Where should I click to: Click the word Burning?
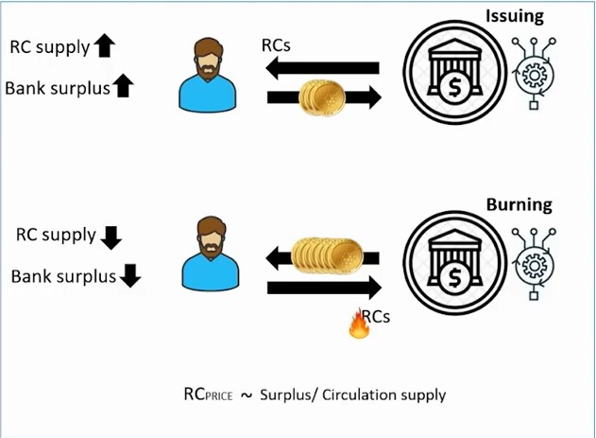(519, 204)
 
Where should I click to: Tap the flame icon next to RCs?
(358, 326)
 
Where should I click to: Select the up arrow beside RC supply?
(104, 44)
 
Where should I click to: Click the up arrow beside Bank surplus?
(123, 87)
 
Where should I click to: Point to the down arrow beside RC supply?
(111, 236)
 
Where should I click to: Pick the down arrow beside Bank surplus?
(130, 276)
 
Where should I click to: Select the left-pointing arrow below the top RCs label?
(321, 68)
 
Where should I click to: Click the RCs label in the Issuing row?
(277, 45)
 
